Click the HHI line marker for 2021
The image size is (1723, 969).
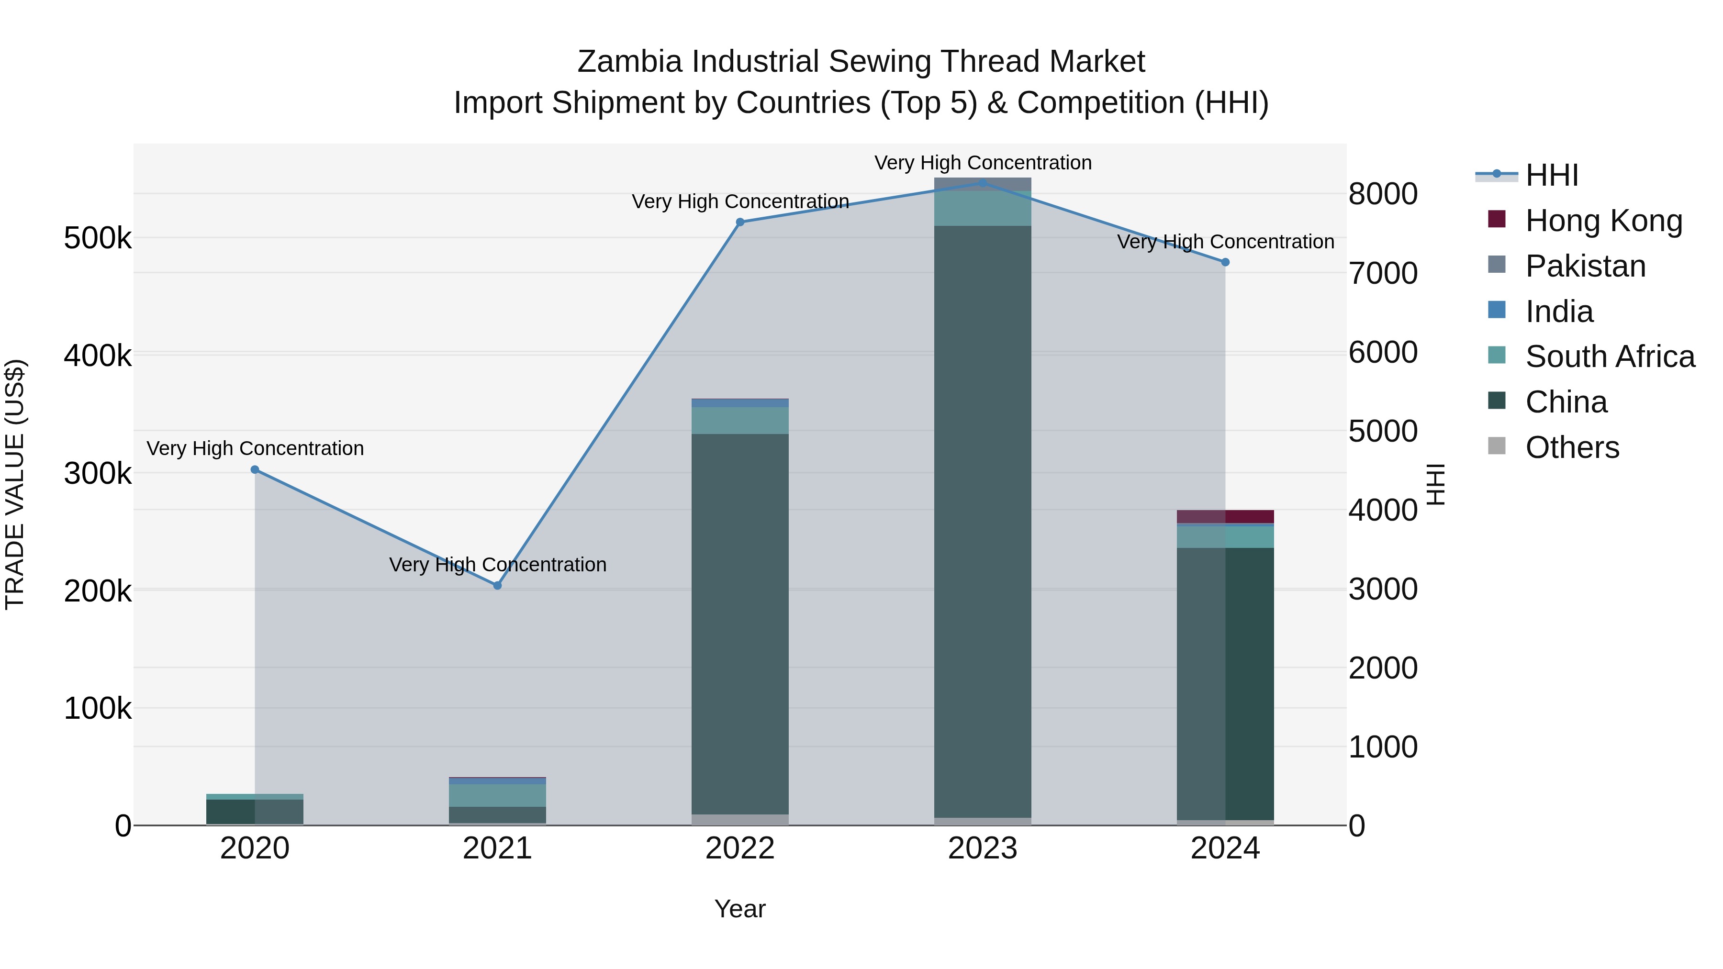[497, 585]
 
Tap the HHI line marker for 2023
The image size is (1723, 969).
[983, 183]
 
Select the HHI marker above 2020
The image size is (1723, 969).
[255, 469]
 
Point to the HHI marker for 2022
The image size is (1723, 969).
[740, 222]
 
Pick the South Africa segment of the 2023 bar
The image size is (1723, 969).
[983, 209]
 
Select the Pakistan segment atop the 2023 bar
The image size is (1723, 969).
[983, 184]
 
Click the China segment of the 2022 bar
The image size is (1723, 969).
[740, 622]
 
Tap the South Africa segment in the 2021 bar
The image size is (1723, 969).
[497, 795]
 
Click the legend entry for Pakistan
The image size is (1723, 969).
[1585, 266]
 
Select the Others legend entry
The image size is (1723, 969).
[1572, 447]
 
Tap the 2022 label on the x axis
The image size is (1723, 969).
[740, 848]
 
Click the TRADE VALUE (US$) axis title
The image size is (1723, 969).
[15, 484]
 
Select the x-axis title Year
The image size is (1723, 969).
[740, 909]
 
